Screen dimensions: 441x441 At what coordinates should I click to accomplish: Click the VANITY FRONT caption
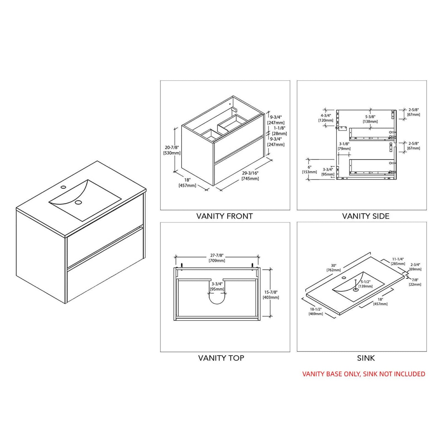224,216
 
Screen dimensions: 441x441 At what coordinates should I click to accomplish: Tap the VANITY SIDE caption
366,216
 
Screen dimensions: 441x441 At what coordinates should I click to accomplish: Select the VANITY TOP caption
221,358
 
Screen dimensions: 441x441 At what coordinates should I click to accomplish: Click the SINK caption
366,358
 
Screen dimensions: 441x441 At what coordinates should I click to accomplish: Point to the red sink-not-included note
364,374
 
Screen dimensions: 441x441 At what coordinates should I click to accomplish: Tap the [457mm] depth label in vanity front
187,186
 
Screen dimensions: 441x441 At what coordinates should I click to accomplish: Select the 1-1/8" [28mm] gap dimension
279,131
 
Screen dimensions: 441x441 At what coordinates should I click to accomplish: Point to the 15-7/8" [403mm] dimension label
271,295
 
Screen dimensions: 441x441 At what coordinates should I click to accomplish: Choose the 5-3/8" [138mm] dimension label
370,119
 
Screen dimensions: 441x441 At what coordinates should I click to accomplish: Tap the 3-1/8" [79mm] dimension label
344,146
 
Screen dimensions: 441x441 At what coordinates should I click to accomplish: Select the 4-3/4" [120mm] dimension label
326,117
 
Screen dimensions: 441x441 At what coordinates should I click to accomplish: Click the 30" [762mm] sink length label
334,268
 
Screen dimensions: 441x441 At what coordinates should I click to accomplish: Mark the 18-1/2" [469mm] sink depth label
316,311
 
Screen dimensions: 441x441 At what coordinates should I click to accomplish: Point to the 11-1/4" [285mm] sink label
398,262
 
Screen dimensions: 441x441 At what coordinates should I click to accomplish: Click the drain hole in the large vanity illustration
78,202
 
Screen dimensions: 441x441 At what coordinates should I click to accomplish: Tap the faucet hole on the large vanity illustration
63,187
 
